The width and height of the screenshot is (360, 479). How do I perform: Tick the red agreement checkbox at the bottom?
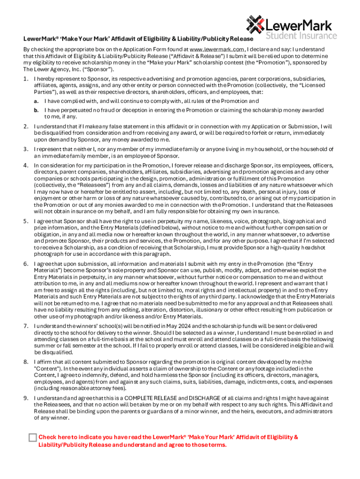click(32, 437)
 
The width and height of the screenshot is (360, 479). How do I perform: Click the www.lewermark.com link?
click(217, 49)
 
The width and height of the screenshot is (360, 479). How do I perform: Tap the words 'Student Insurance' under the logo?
click(301, 36)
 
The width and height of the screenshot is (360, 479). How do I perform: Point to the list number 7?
click(26, 325)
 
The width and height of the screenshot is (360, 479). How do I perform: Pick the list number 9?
click(26, 398)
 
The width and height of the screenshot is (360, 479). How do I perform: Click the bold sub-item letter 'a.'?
click(36, 101)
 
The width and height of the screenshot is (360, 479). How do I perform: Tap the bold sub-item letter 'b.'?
click(36, 110)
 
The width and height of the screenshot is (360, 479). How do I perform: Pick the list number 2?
click(26, 126)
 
